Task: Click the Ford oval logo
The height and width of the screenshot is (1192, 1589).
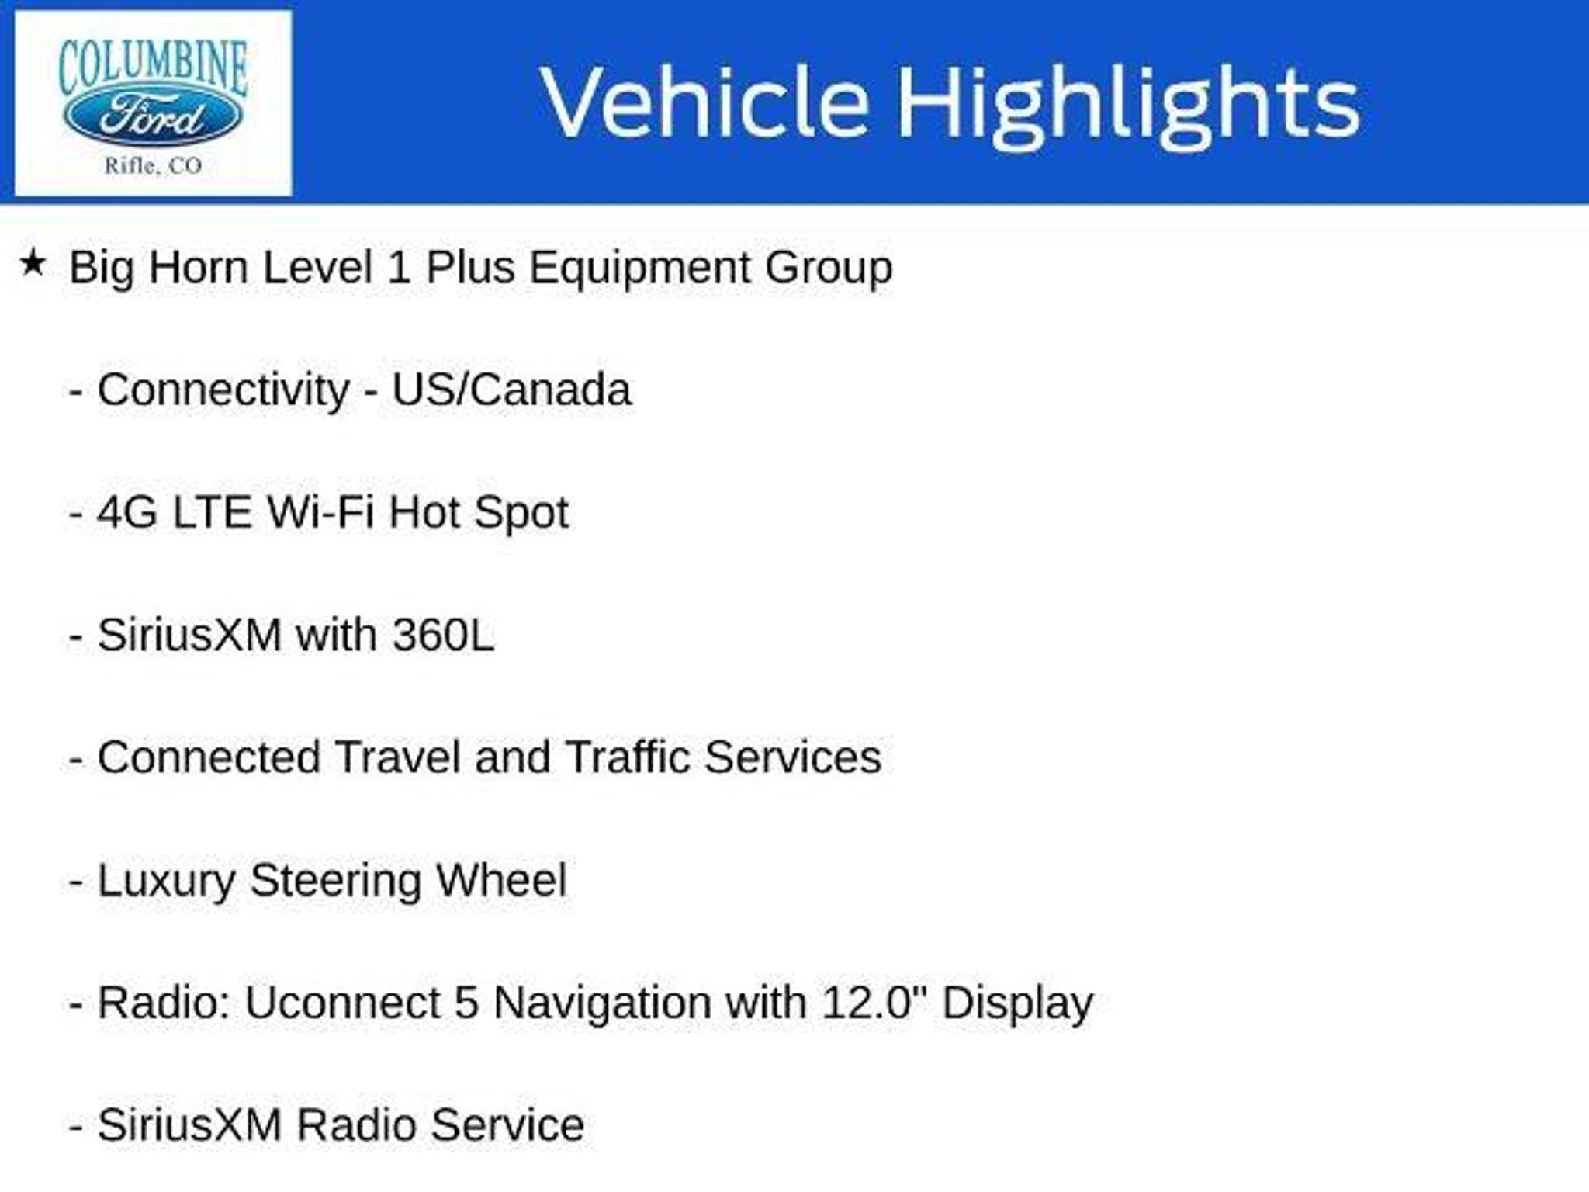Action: tap(152, 118)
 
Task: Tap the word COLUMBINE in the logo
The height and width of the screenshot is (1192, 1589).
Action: tap(153, 66)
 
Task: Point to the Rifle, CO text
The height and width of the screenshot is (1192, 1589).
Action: tap(153, 165)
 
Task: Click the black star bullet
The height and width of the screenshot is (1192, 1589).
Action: tap(33, 263)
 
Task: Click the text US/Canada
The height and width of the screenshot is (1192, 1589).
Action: tap(511, 389)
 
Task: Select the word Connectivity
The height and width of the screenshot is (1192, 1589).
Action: tap(223, 390)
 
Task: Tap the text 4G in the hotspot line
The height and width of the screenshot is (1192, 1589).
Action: tap(127, 512)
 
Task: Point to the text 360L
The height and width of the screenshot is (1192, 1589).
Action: tap(443, 635)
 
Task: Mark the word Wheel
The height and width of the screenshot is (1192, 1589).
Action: tap(501, 880)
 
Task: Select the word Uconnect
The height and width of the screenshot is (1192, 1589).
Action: tap(343, 1003)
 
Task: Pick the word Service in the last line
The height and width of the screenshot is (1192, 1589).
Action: tap(507, 1125)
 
